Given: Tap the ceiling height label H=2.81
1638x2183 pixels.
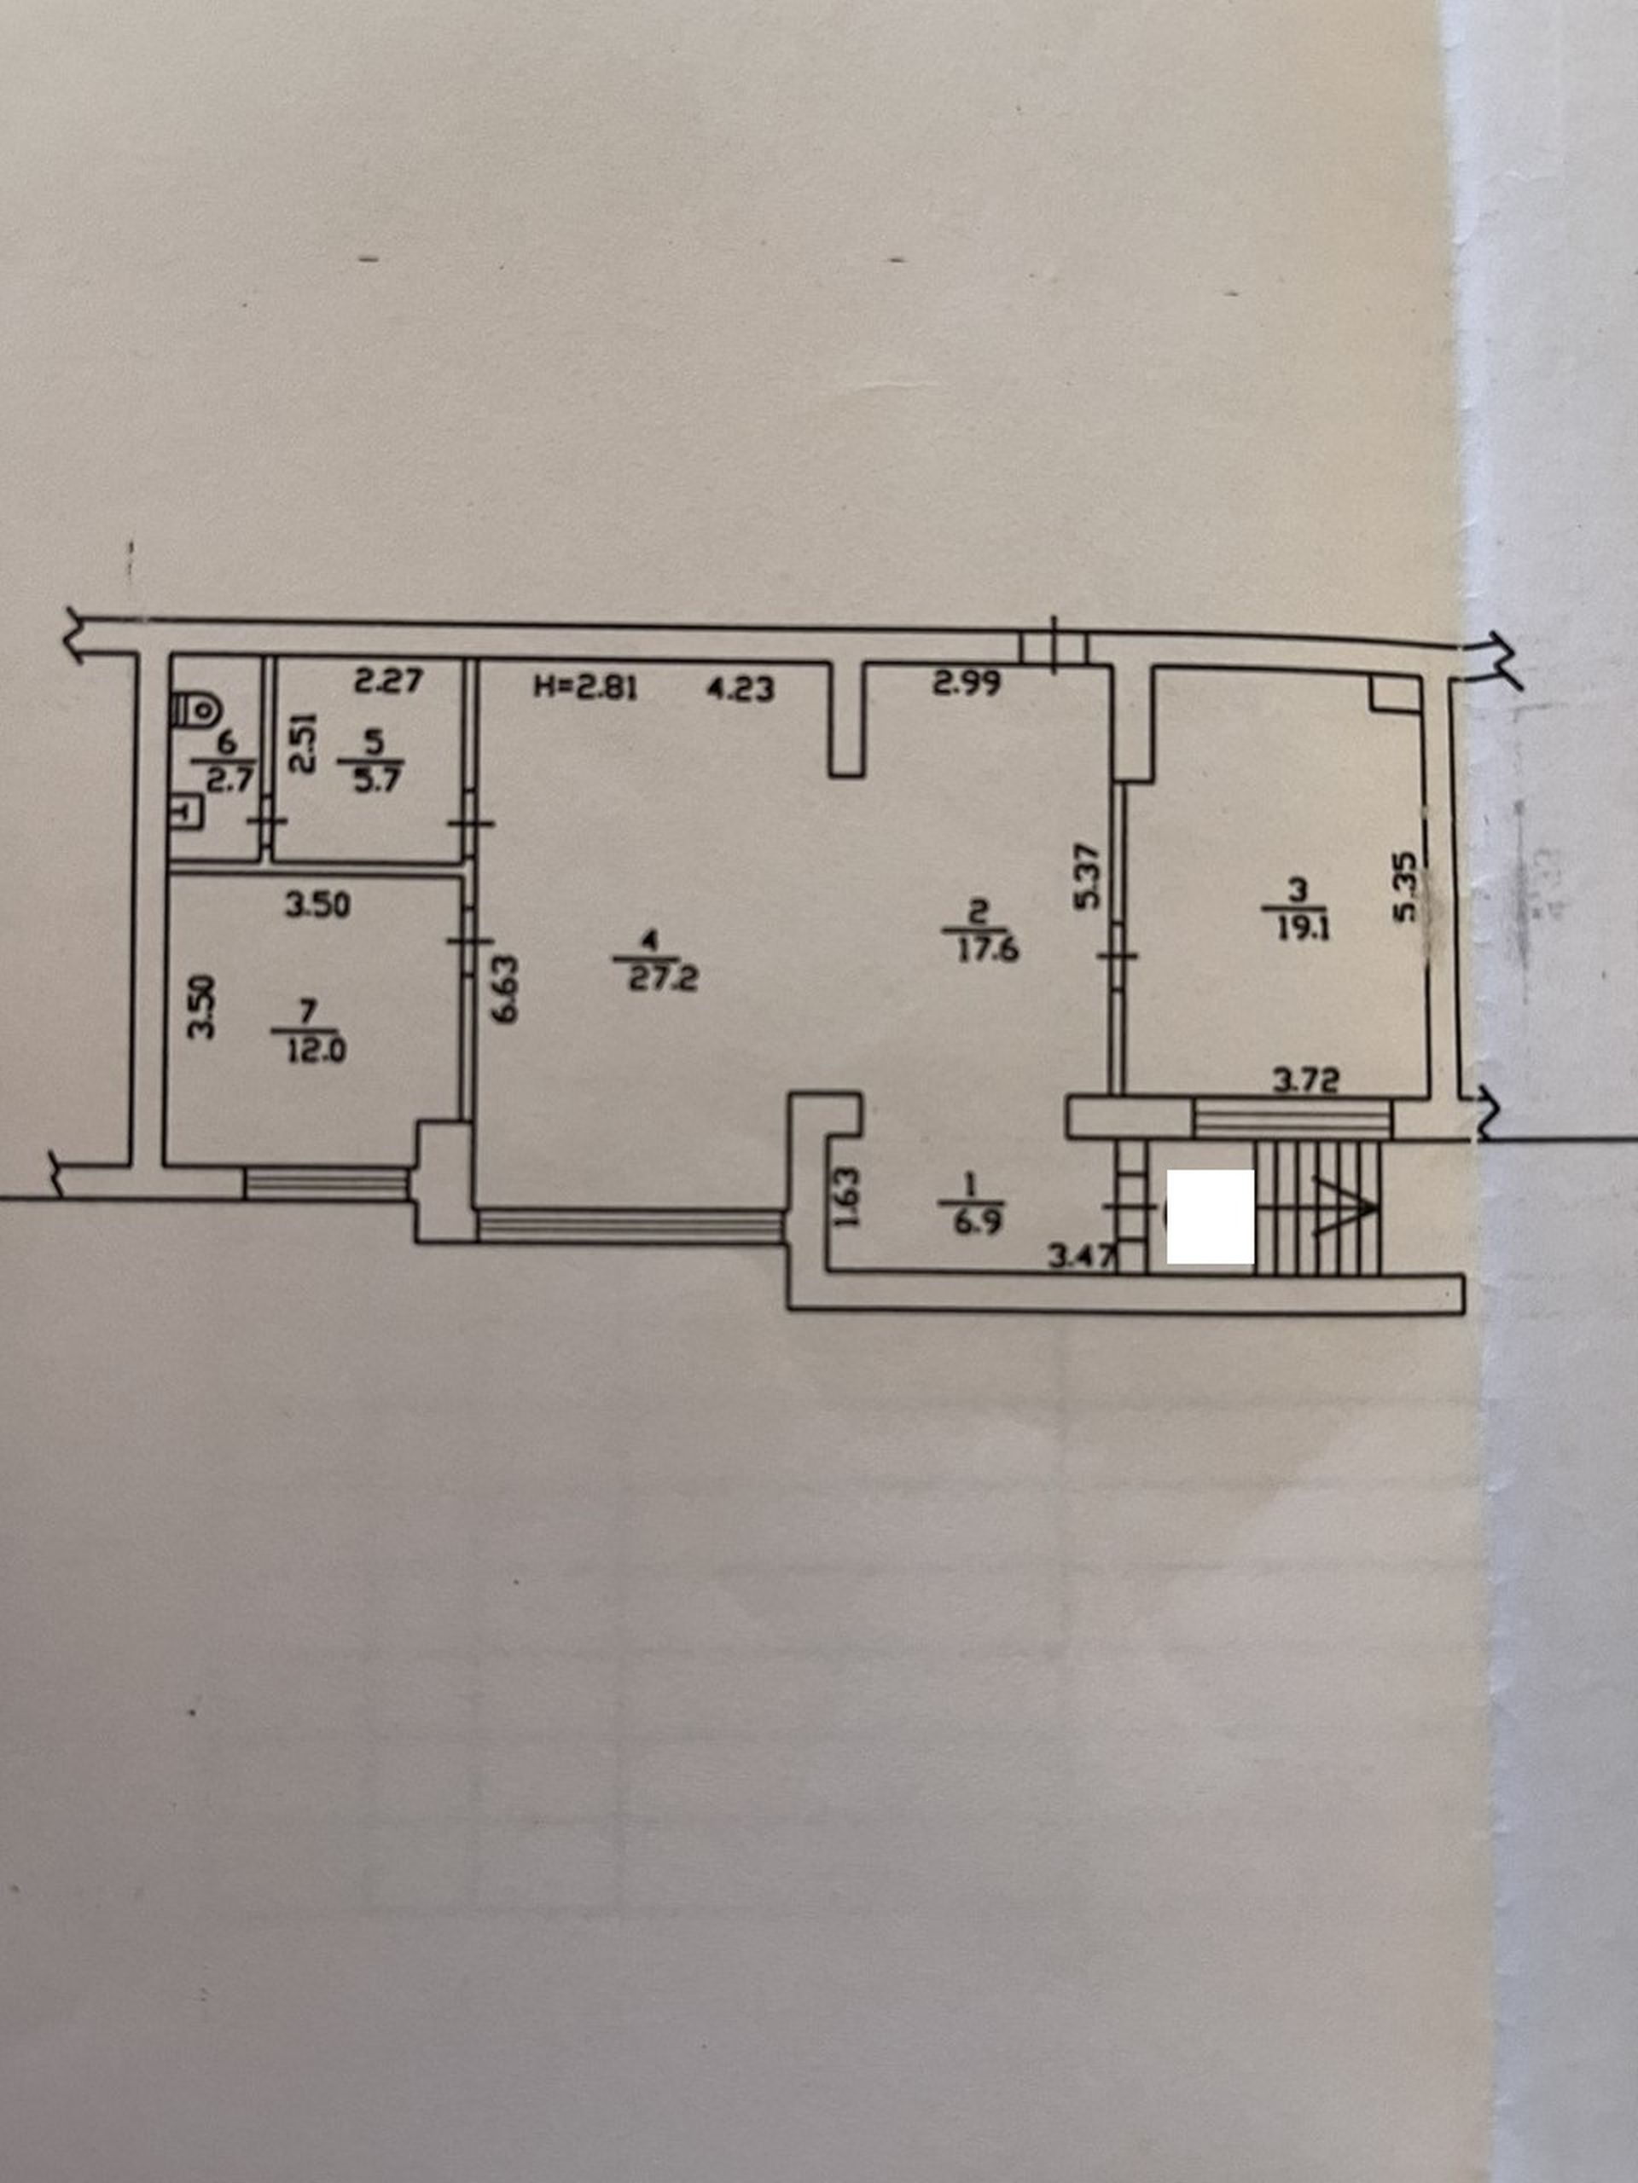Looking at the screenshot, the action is point(585,686).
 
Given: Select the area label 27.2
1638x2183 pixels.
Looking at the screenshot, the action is point(664,980).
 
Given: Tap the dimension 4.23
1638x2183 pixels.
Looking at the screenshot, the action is point(741,689).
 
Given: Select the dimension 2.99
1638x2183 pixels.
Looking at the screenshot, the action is point(967,682).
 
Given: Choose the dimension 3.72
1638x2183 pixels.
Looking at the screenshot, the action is point(1305,1081).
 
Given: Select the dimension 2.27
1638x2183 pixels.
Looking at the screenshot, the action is point(388,681).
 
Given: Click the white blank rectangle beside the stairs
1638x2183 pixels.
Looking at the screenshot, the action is point(1211,1217).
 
